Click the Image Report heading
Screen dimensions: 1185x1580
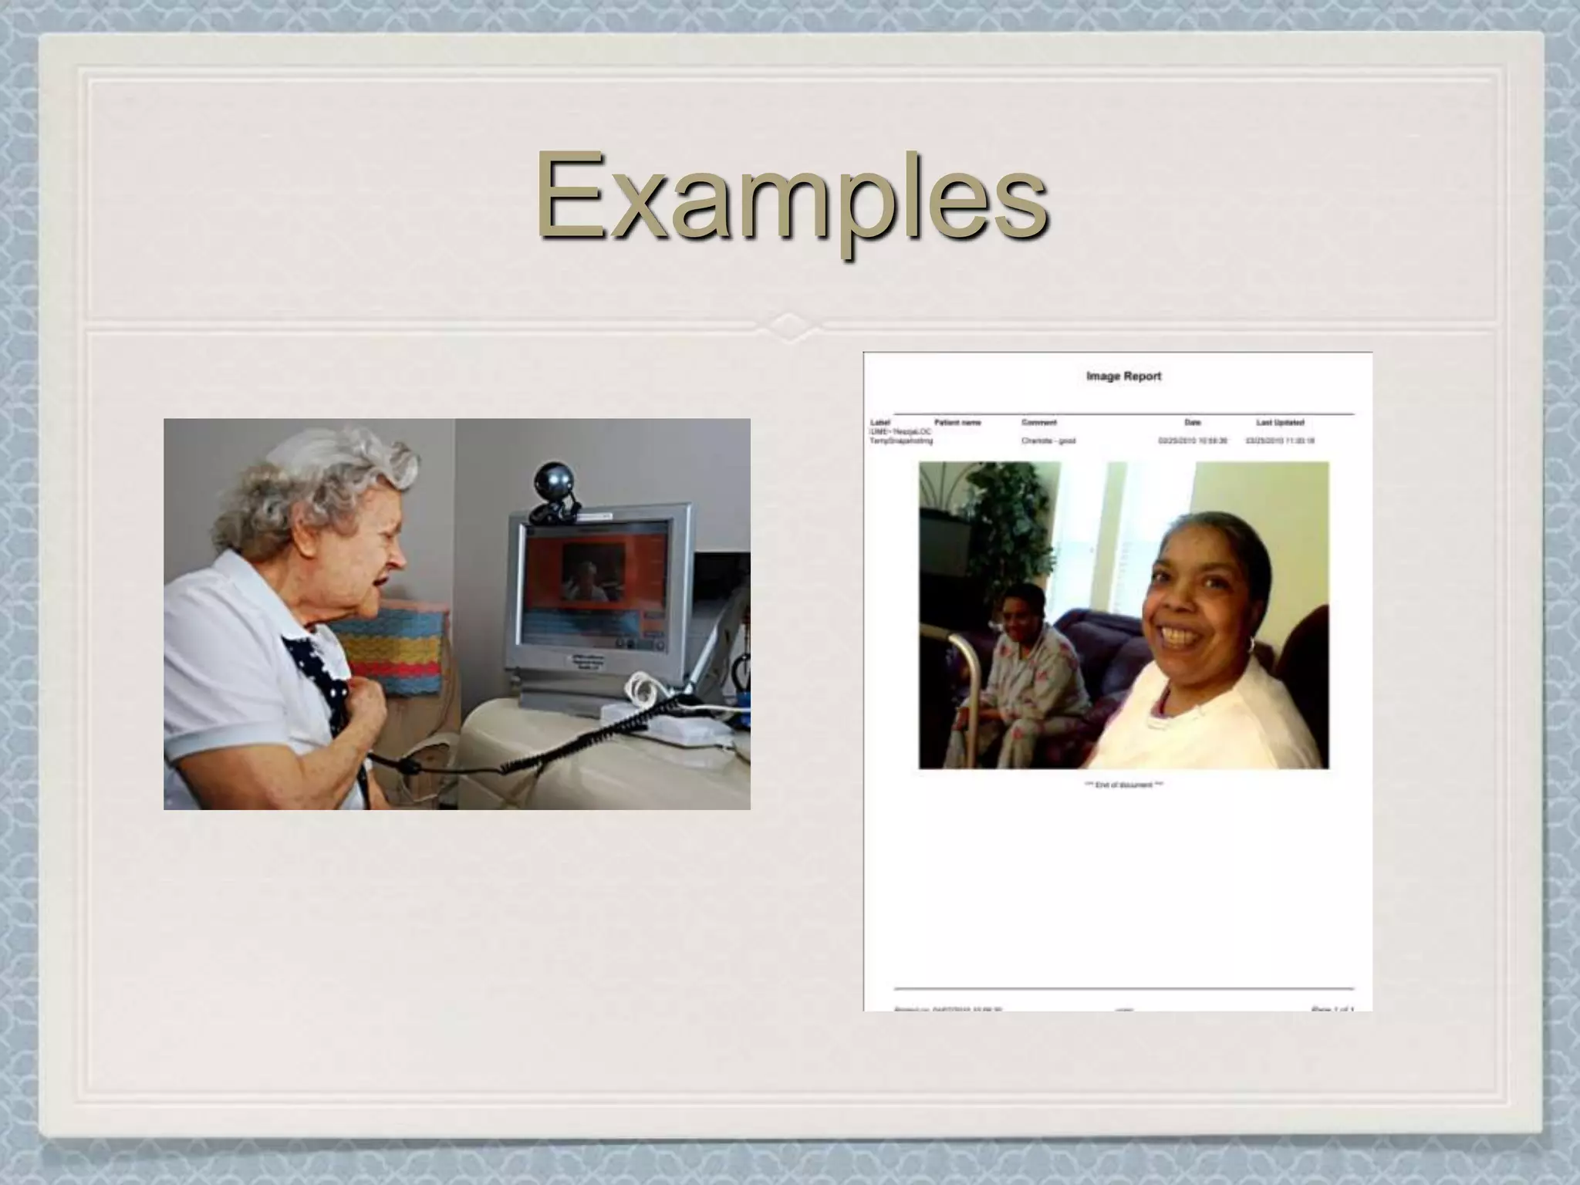pos(1123,376)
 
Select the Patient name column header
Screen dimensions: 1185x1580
pos(957,423)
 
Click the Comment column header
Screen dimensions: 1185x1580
pos(1038,423)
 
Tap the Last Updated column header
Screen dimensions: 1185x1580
pos(1280,423)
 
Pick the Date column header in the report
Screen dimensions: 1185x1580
pos(1193,423)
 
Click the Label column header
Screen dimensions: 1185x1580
pos(880,423)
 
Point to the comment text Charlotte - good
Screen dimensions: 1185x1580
pos(1048,441)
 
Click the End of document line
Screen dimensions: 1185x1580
pos(1123,785)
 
